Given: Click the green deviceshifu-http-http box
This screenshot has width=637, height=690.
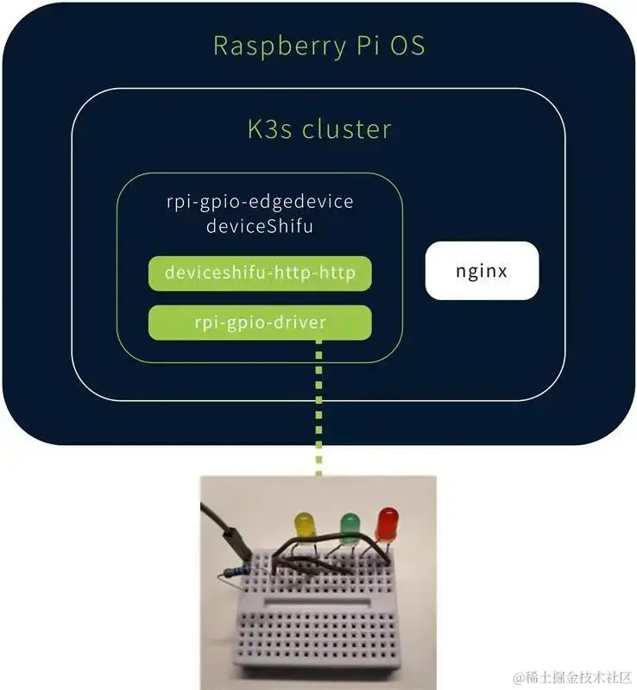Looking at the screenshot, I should pyautogui.click(x=260, y=273).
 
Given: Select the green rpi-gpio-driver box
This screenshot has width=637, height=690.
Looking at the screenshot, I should pyautogui.click(x=260, y=322).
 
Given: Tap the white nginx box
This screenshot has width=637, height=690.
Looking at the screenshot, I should pyautogui.click(x=482, y=271).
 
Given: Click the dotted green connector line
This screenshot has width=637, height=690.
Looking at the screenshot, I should pyautogui.click(x=319, y=405).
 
